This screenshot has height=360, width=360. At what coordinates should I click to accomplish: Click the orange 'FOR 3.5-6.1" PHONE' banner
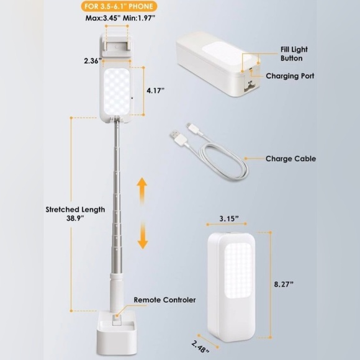click(119, 6)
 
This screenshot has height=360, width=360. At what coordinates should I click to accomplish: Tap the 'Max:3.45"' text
click(103, 18)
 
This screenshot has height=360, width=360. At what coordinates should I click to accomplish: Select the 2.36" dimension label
click(92, 61)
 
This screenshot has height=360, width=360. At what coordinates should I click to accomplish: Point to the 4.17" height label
click(156, 91)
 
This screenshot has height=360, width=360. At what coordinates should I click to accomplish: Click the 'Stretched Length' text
click(75, 209)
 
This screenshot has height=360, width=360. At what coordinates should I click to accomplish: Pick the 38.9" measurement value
click(75, 218)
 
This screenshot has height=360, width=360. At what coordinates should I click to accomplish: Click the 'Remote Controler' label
click(165, 300)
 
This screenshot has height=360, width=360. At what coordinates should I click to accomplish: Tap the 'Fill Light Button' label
click(294, 54)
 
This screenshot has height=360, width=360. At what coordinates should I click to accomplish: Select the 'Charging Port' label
click(290, 76)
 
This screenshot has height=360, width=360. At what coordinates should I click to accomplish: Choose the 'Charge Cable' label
click(290, 159)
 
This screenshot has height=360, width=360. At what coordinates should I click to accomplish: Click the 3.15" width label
click(229, 218)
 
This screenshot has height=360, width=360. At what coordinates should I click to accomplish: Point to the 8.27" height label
click(284, 284)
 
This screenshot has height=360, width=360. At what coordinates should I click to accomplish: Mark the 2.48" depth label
click(200, 346)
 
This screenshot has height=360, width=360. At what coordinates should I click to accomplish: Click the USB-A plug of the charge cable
click(178, 137)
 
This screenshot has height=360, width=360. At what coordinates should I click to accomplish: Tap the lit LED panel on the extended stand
click(117, 91)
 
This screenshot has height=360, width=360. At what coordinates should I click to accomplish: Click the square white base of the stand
click(117, 335)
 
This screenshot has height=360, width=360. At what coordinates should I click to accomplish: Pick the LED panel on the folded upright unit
click(238, 271)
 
